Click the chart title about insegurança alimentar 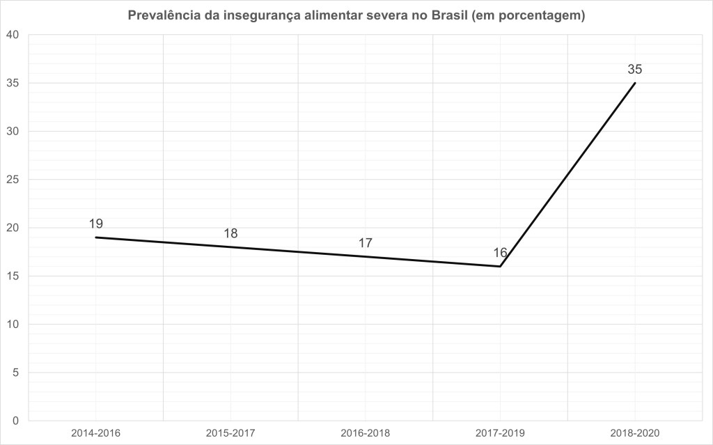[356, 15]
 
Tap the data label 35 [634, 69]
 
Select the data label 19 [96, 224]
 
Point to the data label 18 [230, 233]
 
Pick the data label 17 [366, 243]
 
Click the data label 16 [500, 253]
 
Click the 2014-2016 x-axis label [95, 433]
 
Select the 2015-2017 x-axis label [230, 433]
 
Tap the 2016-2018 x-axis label [366, 433]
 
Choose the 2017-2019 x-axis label [500, 433]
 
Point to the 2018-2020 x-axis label [635, 433]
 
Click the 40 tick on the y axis [13, 35]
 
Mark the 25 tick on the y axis [13, 180]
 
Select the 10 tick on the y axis [13, 325]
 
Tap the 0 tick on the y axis [16, 421]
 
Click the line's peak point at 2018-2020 [635, 83]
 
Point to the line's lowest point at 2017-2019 [500, 266]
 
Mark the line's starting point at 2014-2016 [96, 237]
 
